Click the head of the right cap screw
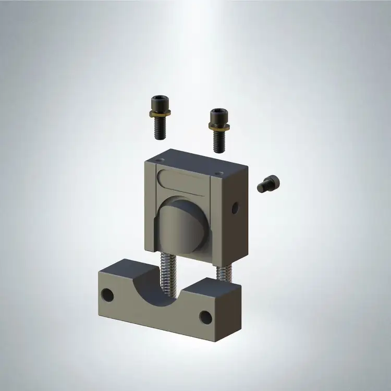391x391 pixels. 217,114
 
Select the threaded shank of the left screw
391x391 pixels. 158,128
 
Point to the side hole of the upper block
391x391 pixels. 235,208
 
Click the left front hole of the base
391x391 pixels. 107,295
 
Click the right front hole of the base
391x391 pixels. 205,316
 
